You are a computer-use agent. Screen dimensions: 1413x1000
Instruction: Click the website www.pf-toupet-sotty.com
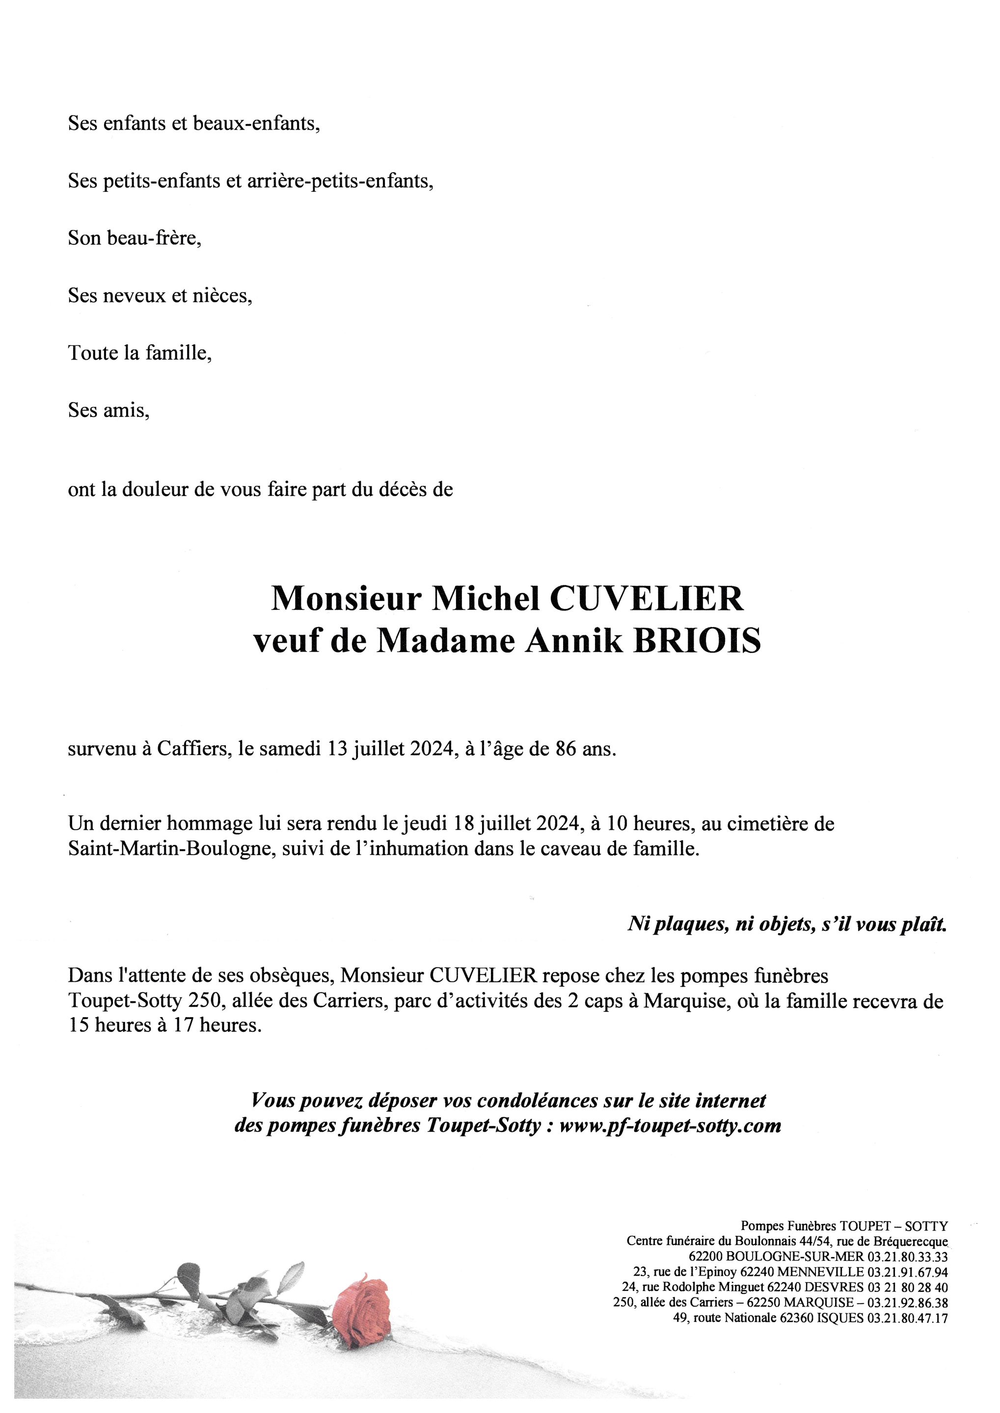(x=671, y=1126)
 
